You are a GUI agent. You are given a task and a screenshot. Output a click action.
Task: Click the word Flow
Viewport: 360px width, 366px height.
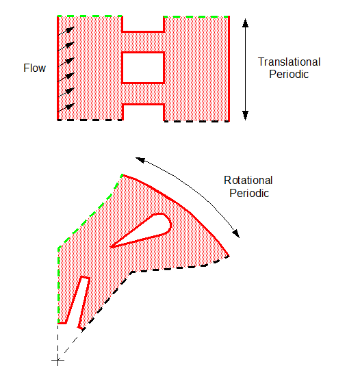click(34, 68)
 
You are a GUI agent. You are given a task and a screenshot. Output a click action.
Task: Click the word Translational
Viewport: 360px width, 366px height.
click(289, 62)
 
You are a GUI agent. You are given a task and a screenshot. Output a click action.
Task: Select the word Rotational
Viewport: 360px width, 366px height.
click(248, 180)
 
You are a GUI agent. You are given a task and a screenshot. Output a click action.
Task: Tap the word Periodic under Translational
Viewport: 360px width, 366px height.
click(289, 75)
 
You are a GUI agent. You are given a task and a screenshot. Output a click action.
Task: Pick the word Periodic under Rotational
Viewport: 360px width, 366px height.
click(249, 194)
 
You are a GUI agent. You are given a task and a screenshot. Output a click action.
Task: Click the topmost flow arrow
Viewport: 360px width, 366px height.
click(66, 31)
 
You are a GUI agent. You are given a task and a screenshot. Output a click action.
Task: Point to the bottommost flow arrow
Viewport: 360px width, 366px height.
click(66, 107)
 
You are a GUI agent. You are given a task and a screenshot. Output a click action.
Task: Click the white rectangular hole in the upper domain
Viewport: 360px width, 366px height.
click(143, 68)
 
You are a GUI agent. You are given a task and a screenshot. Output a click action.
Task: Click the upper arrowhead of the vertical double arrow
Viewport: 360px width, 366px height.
click(245, 23)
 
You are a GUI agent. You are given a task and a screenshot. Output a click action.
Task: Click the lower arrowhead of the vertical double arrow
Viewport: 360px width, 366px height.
click(245, 116)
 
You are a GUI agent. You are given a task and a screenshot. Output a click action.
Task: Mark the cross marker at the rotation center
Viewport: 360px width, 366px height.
click(57, 360)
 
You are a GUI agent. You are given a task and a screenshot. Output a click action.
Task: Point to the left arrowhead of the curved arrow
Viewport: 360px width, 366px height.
click(140, 159)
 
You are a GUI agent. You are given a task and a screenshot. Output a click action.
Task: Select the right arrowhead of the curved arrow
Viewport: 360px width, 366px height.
click(236, 234)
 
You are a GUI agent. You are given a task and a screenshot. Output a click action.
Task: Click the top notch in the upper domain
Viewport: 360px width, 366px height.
click(143, 23)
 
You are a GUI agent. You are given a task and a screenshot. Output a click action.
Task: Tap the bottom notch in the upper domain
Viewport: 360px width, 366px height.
click(143, 112)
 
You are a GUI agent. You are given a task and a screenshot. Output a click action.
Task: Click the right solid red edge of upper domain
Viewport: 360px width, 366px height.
click(229, 68)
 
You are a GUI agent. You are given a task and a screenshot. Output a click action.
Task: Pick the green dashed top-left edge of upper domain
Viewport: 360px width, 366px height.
click(90, 16)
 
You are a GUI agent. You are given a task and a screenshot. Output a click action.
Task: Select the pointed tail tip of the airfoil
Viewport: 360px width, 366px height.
click(110, 247)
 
